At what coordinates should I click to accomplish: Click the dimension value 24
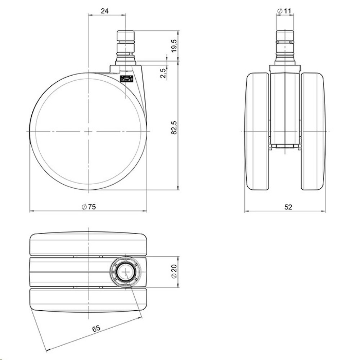pos(105,11)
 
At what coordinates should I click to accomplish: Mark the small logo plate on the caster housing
pos(126,78)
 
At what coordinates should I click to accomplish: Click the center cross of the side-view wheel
pos(88,131)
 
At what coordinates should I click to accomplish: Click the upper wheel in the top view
pos(88,244)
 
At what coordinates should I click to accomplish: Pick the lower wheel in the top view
pos(88,300)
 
